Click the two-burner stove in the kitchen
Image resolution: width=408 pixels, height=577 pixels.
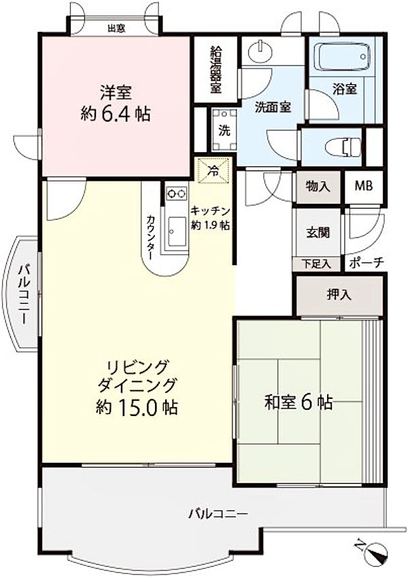coord(176,194)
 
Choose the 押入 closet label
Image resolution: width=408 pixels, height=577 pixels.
coord(339,295)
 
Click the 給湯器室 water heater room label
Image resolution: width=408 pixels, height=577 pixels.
coord(216,69)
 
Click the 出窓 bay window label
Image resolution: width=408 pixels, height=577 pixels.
coord(116,28)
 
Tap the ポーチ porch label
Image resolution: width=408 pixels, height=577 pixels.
coord(366,263)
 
